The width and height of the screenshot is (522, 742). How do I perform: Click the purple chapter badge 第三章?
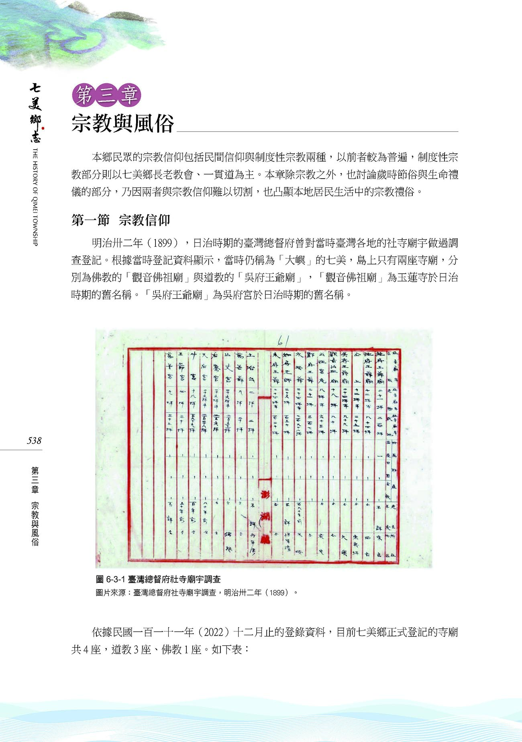[x=106, y=96]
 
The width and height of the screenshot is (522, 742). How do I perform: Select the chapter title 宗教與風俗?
[x=122, y=123]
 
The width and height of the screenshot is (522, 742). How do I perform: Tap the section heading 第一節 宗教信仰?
[x=120, y=220]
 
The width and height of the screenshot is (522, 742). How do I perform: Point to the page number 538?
[x=34, y=441]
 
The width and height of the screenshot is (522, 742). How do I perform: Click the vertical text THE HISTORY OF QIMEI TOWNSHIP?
[x=35, y=197]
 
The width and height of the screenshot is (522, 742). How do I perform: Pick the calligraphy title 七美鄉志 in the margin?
[x=35, y=113]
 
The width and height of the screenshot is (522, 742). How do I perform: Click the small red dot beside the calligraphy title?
[x=43, y=128]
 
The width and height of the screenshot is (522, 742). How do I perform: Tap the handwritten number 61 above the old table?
[x=283, y=341]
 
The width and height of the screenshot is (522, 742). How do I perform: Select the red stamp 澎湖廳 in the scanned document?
[x=265, y=517]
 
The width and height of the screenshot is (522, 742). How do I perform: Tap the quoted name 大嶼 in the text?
[x=295, y=260]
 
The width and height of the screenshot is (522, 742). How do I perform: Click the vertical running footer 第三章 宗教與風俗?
[x=35, y=506]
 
